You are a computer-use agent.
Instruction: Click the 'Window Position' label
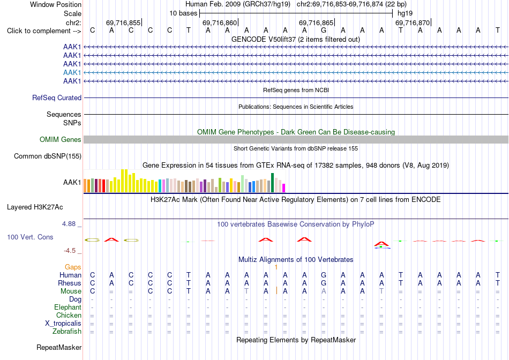coord(56,4)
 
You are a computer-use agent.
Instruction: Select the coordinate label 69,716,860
coord(220,22)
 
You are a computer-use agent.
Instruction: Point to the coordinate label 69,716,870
coord(413,22)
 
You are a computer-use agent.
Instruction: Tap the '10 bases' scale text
coord(183,13)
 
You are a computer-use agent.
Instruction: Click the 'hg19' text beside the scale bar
coord(405,13)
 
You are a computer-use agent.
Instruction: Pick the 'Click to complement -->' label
coord(44,31)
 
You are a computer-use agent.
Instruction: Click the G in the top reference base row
coord(324,31)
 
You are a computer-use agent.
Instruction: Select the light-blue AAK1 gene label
coord(72,72)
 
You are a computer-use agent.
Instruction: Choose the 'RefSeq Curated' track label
coord(57,97)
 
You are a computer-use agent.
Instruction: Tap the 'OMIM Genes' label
coord(61,140)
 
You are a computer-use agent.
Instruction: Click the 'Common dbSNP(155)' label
coord(48,156)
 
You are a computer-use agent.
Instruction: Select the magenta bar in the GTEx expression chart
coord(284,188)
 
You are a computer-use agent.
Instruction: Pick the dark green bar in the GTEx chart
coord(273,183)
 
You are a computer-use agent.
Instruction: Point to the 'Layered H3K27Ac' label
coord(35,207)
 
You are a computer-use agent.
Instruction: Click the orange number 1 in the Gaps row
coord(276,267)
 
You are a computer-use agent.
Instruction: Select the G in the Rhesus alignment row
coord(324,283)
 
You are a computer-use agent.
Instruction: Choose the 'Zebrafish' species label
coord(67,332)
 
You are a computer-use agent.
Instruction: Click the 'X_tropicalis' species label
coord(63,324)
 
